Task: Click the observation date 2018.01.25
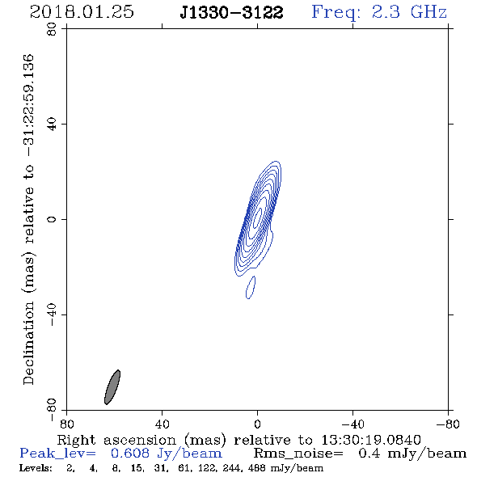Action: [82, 12]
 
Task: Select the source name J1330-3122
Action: [231, 13]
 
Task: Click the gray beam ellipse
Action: [112, 387]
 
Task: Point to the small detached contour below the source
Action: [251, 288]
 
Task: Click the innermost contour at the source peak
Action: [257, 217]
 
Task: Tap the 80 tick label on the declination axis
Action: [52, 29]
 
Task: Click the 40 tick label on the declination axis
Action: [52, 125]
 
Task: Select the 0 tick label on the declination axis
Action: [52, 219]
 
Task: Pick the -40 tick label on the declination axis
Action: [52, 315]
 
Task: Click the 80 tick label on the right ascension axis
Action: [66, 424]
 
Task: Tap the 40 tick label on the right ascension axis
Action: [162, 424]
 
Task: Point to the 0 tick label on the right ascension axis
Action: [257, 424]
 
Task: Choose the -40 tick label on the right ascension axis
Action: [352, 424]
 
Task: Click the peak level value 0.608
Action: [130, 454]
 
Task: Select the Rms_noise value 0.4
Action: [369, 454]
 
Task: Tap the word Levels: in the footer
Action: [36, 468]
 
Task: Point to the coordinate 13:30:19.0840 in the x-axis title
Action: [371, 440]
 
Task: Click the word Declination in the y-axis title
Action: [28, 344]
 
